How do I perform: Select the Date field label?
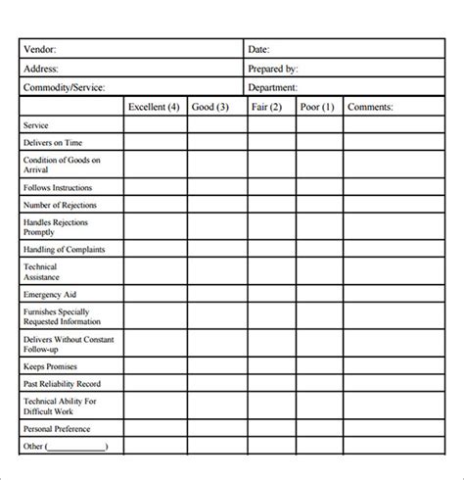pyautogui.click(x=259, y=49)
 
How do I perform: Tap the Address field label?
pyautogui.click(x=41, y=70)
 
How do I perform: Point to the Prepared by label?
pyautogui.click(x=274, y=70)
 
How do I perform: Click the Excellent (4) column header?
pyautogui.click(x=155, y=107)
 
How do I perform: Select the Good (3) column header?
pyautogui.click(x=210, y=107)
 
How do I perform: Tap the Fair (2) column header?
pyautogui.click(x=266, y=107)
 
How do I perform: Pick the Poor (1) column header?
pyautogui.click(x=317, y=107)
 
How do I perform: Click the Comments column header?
pyautogui.click(x=370, y=107)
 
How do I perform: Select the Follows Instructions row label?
pyautogui.click(x=57, y=187)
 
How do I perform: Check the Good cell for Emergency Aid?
pyautogui.click(x=216, y=293)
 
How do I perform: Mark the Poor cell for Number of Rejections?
pyautogui.click(x=319, y=206)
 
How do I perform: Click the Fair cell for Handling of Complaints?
pyautogui.click(x=271, y=249)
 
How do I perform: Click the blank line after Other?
pyautogui.click(x=77, y=448)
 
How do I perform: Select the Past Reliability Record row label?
pyautogui.click(x=61, y=384)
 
